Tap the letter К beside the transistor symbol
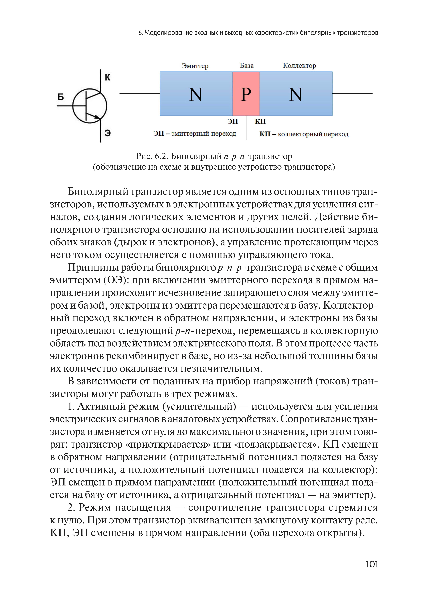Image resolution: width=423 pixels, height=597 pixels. pos(108,77)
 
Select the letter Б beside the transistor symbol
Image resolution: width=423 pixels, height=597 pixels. pos(60,97)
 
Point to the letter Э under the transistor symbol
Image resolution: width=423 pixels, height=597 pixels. pos(108,133)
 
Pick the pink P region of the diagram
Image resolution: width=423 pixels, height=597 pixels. pos(246,94)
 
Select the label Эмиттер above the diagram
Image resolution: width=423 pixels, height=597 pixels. pos(195,66)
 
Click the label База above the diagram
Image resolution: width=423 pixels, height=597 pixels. pos(246,66)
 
